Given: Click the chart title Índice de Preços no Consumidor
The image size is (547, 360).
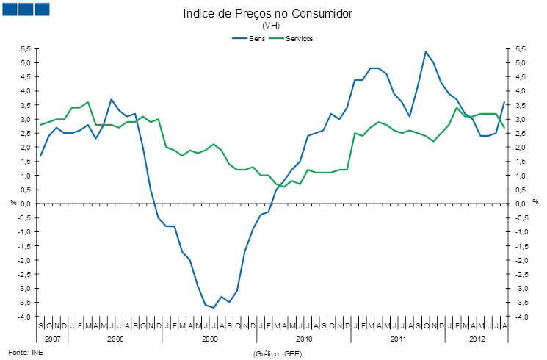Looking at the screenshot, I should [x=272, y=14].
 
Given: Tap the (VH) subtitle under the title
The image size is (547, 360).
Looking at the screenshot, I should [x=272, y=26].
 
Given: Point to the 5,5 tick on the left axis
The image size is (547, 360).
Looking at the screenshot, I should [x=25, y=48].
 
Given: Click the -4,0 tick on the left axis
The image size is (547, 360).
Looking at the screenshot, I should [x=23, y=317].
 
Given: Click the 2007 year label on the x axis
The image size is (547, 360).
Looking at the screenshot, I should [x=53, y=339].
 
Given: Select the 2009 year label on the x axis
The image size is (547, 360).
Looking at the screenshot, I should [x=210, y=339].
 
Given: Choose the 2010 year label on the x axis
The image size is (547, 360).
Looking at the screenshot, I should [x=305, y=339].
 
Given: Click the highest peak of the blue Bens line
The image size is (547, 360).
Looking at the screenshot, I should [x=426, y=51].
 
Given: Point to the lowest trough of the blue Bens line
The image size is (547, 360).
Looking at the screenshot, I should [x=214, y=308].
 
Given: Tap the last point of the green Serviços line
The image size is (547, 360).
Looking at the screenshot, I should [x=504, y=128].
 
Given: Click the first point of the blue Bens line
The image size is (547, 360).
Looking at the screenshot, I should [x=41, y=156].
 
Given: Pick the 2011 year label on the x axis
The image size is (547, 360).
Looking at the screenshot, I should [x=399, y=339].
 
